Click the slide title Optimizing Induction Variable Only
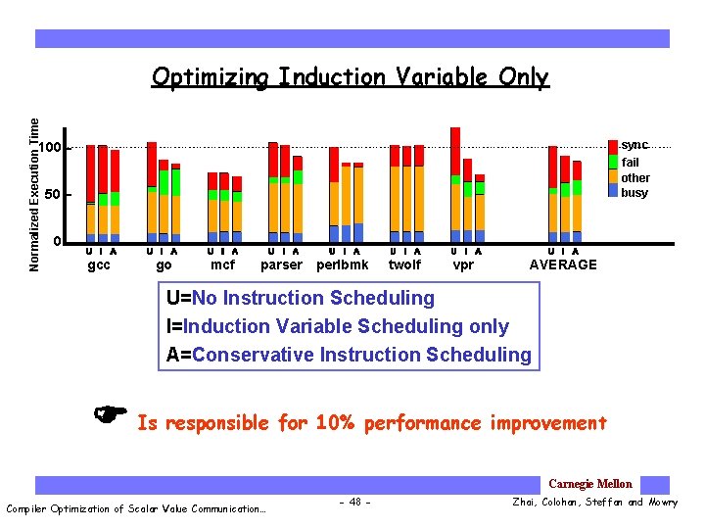click(x=350, y=77)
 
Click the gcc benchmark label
click(x=99, y=264)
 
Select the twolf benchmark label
click(x=404, y=264)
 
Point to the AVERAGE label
click(x=563, y=264)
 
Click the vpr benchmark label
click(x=463, y=264)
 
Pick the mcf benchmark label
click(x=223, y=264)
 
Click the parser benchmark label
click(x=282, y=264)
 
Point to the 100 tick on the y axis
click(x=51, y=148)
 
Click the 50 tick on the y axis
click(x=55, y=195)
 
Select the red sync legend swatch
click(x=613, y=146)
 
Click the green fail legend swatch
click(x=613, y=162)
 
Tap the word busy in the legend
click(x=634, y=193)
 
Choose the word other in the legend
click(x=635, y=178)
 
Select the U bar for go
click(x=152, y=191)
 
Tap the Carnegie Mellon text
click(x=590, y=484)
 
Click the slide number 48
click(x=352, y=503)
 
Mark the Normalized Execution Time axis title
click(x=35, y=195)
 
